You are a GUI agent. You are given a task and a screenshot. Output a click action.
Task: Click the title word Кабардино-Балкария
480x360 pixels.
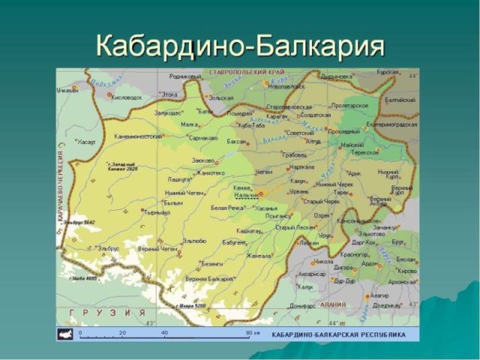click(240, 46)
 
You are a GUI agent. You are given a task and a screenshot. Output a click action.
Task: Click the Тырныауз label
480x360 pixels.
click(158, 212)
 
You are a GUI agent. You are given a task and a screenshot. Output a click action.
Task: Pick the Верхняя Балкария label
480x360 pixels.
click(208, 278)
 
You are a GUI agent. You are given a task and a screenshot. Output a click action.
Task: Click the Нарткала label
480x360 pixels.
click(302, 167)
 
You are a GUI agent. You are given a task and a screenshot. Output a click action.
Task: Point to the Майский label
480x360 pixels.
click(352, 145)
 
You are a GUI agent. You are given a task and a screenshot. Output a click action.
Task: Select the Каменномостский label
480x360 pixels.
click(138, 137)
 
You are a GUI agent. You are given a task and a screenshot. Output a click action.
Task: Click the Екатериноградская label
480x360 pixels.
click(391, 124)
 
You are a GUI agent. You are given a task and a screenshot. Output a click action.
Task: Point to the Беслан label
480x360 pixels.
click(405, 258)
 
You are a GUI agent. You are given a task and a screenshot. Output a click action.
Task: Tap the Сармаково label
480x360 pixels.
click(203, 138)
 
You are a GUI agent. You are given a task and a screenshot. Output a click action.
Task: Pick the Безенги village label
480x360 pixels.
click(213, 264)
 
